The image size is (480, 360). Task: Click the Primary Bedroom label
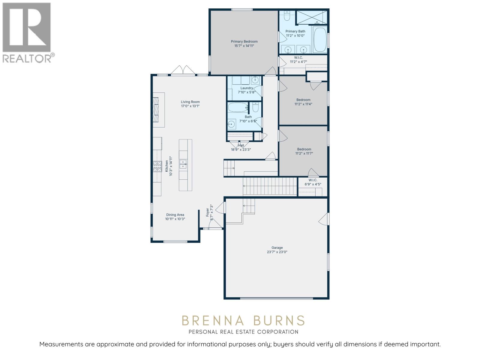point(244,41)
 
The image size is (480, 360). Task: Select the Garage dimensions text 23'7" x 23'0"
point(277,252)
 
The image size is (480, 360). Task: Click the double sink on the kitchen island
point(183,164)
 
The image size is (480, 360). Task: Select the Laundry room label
point(247,88)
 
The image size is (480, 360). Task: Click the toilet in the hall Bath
point(256,107)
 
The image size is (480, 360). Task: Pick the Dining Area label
point(175,215)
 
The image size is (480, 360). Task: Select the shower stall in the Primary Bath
point(311,17)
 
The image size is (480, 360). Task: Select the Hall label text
point(241,145)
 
